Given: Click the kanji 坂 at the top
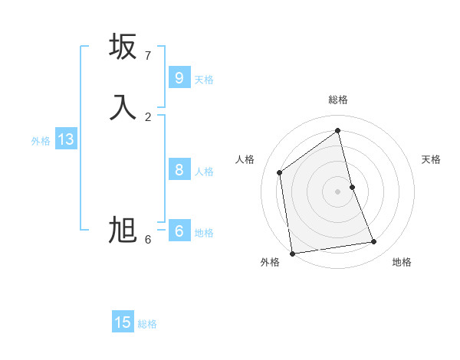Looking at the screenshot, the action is pos(123,47).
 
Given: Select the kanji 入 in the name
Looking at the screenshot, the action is pos(123,107).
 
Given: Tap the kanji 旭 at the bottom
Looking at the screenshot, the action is pos(123,230).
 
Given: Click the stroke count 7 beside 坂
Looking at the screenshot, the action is pos(148,56).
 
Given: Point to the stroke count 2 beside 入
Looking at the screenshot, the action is pos(148,116).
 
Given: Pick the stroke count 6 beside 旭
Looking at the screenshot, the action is pos(148,240).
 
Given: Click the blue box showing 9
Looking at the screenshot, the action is pos(179,78).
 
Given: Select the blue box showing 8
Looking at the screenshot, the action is pos(179,170).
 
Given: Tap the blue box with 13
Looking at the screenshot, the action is pos(65,139).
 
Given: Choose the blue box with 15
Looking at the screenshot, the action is pos(123,322).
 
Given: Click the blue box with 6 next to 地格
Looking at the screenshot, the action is pos(179,231).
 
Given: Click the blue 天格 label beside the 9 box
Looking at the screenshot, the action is pos(204,80).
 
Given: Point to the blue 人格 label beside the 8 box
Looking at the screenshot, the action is pos(204,172).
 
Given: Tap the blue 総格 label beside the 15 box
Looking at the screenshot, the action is pos(147,324).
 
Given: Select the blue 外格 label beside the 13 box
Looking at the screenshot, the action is pos(41,141).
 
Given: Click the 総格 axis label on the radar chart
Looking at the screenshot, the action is pos(338,100).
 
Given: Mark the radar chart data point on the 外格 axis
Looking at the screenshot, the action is pos(292,253).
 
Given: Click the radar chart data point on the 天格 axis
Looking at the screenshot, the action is pos(353,186).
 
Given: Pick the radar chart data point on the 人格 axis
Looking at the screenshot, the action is pos(280,172).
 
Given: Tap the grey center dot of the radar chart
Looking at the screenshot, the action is pos(338,191).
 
